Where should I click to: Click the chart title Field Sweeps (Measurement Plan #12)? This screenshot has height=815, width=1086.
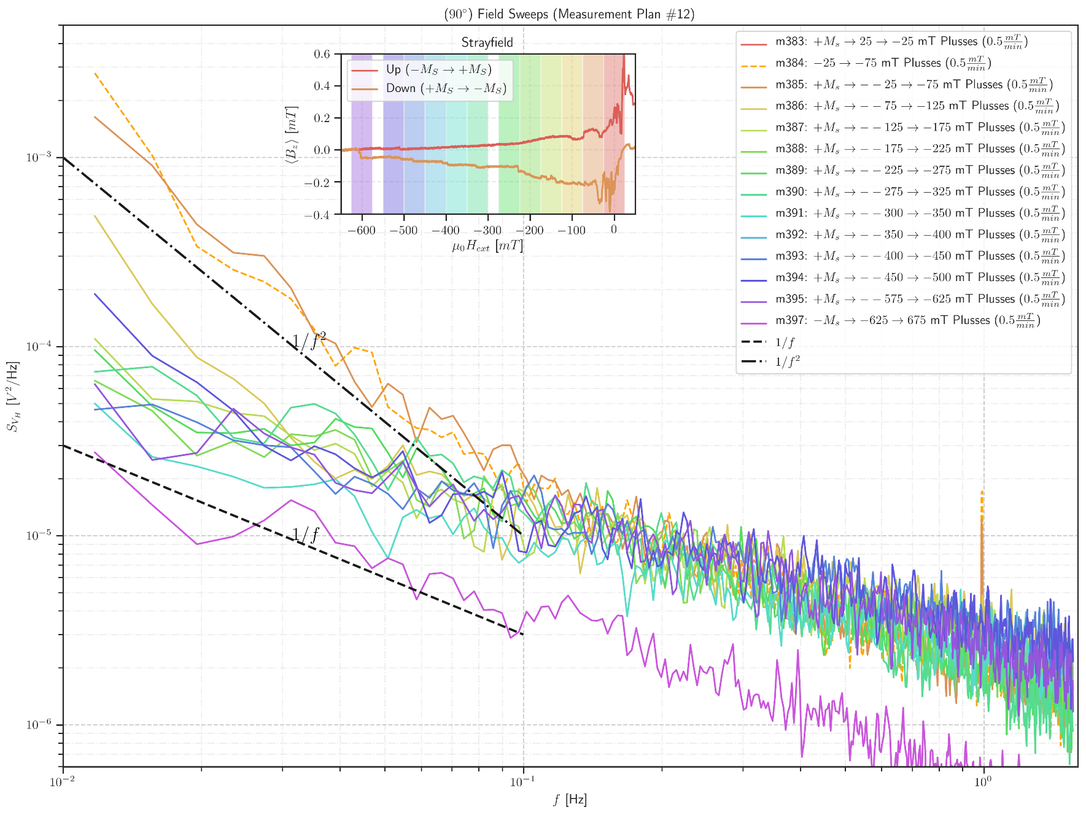(569, 14)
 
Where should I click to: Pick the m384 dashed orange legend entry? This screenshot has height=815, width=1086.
(882, 63)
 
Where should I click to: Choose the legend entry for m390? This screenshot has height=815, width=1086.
(919, 191)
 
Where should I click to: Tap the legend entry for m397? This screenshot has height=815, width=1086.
(907, 320)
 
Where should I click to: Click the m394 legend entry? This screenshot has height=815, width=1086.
(919, 277)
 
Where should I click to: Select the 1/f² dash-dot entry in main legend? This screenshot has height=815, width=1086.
(788, 361)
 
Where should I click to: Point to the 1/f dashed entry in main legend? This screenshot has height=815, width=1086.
(785, 342)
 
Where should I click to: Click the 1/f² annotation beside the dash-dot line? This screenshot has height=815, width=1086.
(308, 341)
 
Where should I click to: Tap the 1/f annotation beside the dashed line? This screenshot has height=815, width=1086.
(305, 535)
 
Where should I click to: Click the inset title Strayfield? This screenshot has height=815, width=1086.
(487, 42)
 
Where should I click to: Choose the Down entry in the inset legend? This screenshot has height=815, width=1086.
(446, 88)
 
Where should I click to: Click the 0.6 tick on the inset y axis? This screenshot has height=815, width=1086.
(322, 54)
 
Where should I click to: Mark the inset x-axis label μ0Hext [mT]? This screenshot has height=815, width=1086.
(487, 246)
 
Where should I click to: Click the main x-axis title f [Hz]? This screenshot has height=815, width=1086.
(569, 800)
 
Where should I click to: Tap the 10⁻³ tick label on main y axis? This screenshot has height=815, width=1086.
(38, 157)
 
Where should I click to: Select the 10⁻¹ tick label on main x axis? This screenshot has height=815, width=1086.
(523, 782)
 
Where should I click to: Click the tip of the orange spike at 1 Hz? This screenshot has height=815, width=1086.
(982, 492)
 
